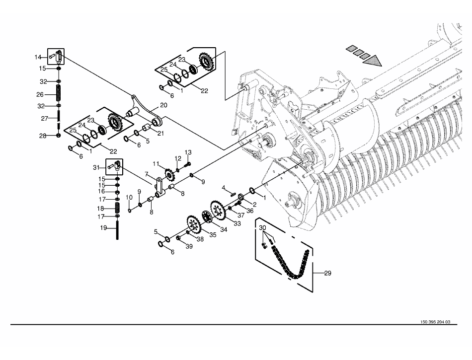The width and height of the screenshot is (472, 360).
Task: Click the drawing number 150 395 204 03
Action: coord(435,322)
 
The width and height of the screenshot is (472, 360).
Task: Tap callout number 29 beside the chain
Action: coord(327,273)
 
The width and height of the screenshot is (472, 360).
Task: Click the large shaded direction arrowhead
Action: coord(372,61)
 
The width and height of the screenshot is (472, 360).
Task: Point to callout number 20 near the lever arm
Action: coord(163,105)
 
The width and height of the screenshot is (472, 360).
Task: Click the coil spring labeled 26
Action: coord(59,93)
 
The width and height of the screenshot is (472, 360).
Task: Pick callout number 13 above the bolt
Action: coord(188,152)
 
